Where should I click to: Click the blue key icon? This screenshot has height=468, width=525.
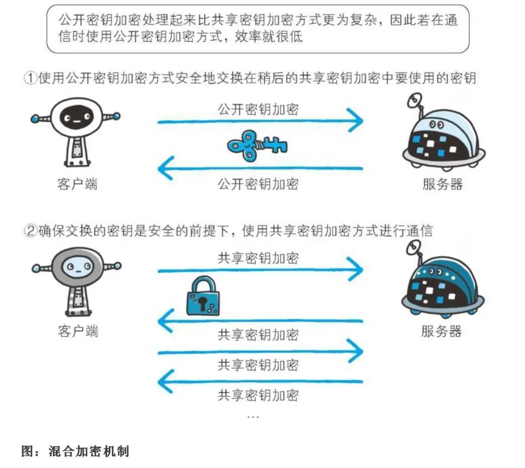tap(257, 146)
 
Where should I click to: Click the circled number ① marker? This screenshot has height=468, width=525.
tap(31, 79)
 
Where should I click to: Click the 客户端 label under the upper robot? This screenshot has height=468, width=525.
tap(77, 184)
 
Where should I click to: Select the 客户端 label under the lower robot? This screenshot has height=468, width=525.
tap(78, 331)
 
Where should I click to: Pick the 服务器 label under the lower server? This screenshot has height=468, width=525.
tap(441, 331)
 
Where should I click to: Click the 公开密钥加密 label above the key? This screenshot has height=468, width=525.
tap(258, 108)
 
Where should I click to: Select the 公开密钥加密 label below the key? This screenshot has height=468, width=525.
tap(258, 184)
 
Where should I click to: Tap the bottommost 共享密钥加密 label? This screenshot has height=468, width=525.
tap(258, 395)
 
